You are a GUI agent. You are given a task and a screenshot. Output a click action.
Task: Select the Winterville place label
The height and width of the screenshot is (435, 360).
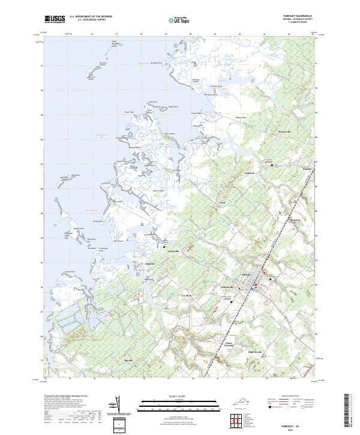pyautogui.click(x=283, y=130)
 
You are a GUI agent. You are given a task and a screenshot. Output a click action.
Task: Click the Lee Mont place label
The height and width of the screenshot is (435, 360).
pyautogui.click(x=187, y=296)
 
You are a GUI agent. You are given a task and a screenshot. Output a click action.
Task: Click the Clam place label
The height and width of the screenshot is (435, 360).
pyautogui.click(x=221, y=203)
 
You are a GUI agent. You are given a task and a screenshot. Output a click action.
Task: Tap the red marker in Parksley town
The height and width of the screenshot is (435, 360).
pyautogui.click(x=254, y=284)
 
